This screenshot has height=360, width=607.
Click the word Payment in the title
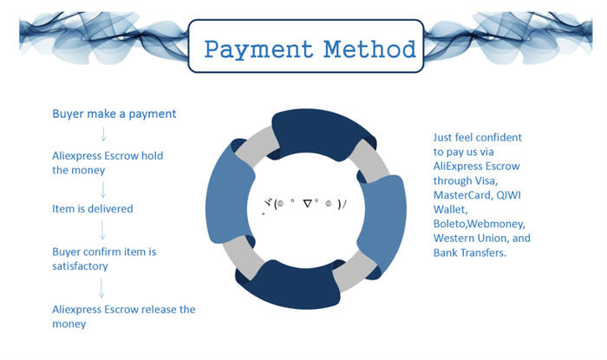pyautogui.click(x=258, y=50)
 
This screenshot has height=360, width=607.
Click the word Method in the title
pyautogui.click(x=369, y=49)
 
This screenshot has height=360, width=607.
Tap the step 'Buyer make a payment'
pyautogui.click(x=114, y=115)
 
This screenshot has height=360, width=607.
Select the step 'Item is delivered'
pyautogui.click(x=93, y=209)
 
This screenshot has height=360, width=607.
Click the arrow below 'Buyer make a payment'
pyautogui.click(x=103, y=134)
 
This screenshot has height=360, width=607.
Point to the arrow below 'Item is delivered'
pyautogui.click(x=102, y=231)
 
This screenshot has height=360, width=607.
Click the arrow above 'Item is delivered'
pyautogui.click(x=103, y=190)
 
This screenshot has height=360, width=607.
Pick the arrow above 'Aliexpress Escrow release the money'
pyautogui.click(x=101, y=288)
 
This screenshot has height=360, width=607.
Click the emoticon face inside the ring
pyautogui.click(x=304, y=205)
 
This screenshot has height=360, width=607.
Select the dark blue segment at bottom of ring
pyautogui.click(x=290, y=285)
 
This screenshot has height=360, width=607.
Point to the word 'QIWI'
pyautogui.click(x=508, y=194)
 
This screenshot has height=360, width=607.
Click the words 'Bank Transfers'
pyautogui.click(x=470, y=252)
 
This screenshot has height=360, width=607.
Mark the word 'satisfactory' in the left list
pyautogui.click(x=80, y=266)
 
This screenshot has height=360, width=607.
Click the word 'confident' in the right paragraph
pyautogui.click(x=499, y=137)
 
